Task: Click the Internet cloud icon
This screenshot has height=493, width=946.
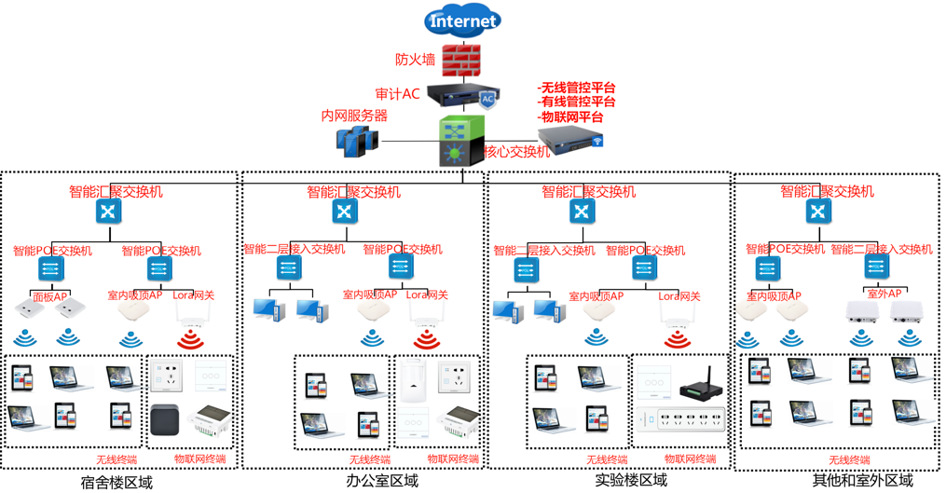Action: pyautogui.click(x=462, y=21)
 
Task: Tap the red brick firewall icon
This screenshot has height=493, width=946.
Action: pyautogui.click(x=461, y=60)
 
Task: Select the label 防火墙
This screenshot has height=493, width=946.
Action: pyautogui.click(x=415, y=60)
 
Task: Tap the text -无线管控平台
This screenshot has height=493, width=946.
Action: pyautogui.click(x=577, y=88)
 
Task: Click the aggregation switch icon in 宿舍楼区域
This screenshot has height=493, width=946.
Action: pyautogui.click(x=109, y=212)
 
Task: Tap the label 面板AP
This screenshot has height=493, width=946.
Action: pyautogui.click(x=50, y=296)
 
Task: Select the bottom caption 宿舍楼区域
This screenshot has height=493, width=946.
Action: pyautogui.click(x=117, y=482)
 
